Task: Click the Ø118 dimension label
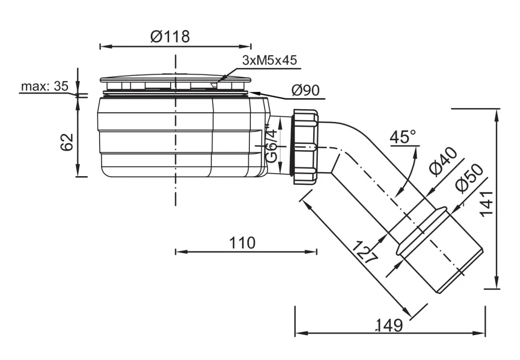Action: click(x=170, y=37)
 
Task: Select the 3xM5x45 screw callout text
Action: click(x=269, y=60)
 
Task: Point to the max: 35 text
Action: click(x=44, y=86)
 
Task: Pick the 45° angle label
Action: click(x=403, y=137)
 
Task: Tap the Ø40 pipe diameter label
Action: click(x=442, y=161)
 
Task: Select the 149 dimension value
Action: click(x=389, y=325)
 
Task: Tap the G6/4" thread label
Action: click(x=272, y=146)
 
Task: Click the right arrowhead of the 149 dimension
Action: click(x=482, y=334)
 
